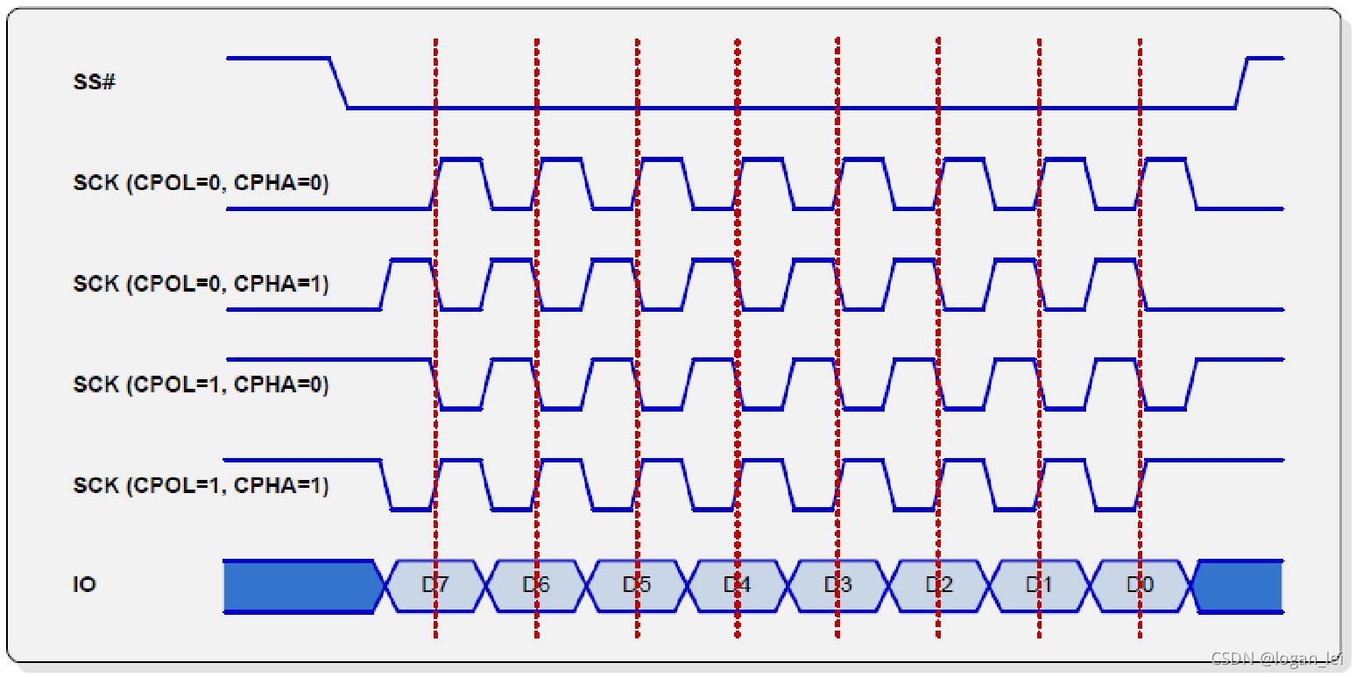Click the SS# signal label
coord(94,84)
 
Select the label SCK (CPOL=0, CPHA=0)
coord(201,184)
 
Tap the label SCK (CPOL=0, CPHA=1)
coord(201,284)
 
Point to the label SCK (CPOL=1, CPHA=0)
coord(201,384)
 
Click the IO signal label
coord(84,584)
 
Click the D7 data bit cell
coord(434,585)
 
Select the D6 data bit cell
coord(535,585)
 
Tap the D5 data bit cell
coord(636,585)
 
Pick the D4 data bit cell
coord(737,585)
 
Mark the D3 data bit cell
coord(837,585)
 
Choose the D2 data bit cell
coord(938,585)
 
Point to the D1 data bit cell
coord(1039,585)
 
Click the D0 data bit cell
coord(1140,585)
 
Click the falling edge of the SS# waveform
coord(339,83)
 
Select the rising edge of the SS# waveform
coord(1241,83)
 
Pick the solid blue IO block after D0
coord(1239,586)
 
